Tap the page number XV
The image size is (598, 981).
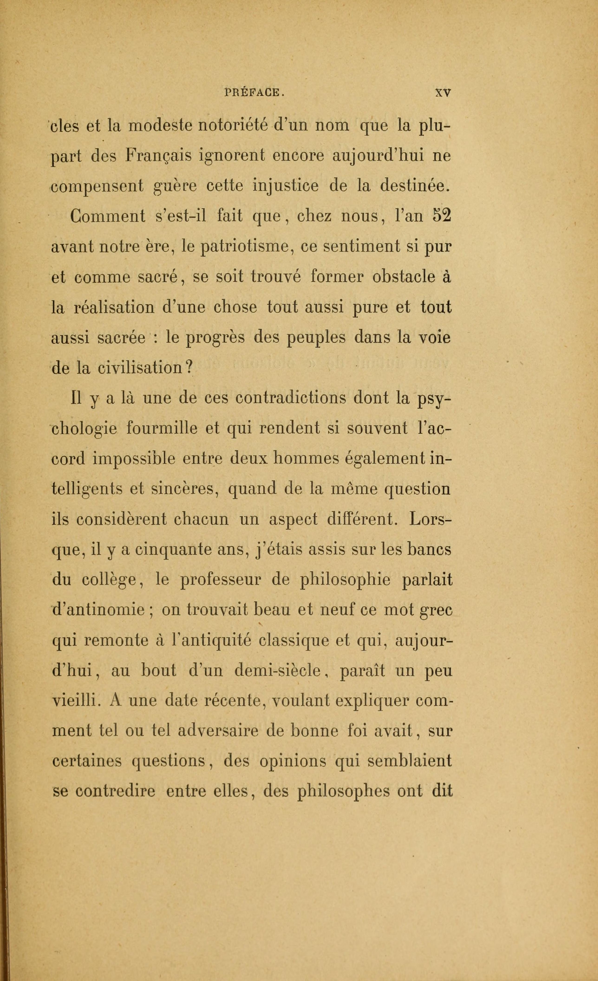click(x=443, y=93)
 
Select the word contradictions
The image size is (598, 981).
click(x=291, y=399)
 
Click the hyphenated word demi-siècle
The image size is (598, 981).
click(x=278, y=671)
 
